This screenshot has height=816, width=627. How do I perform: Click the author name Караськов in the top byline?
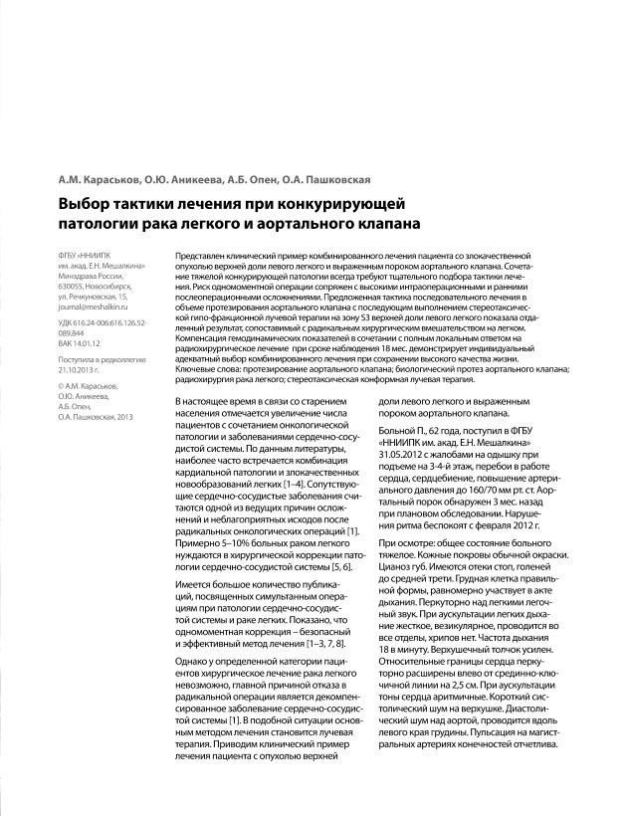[90, 180]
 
